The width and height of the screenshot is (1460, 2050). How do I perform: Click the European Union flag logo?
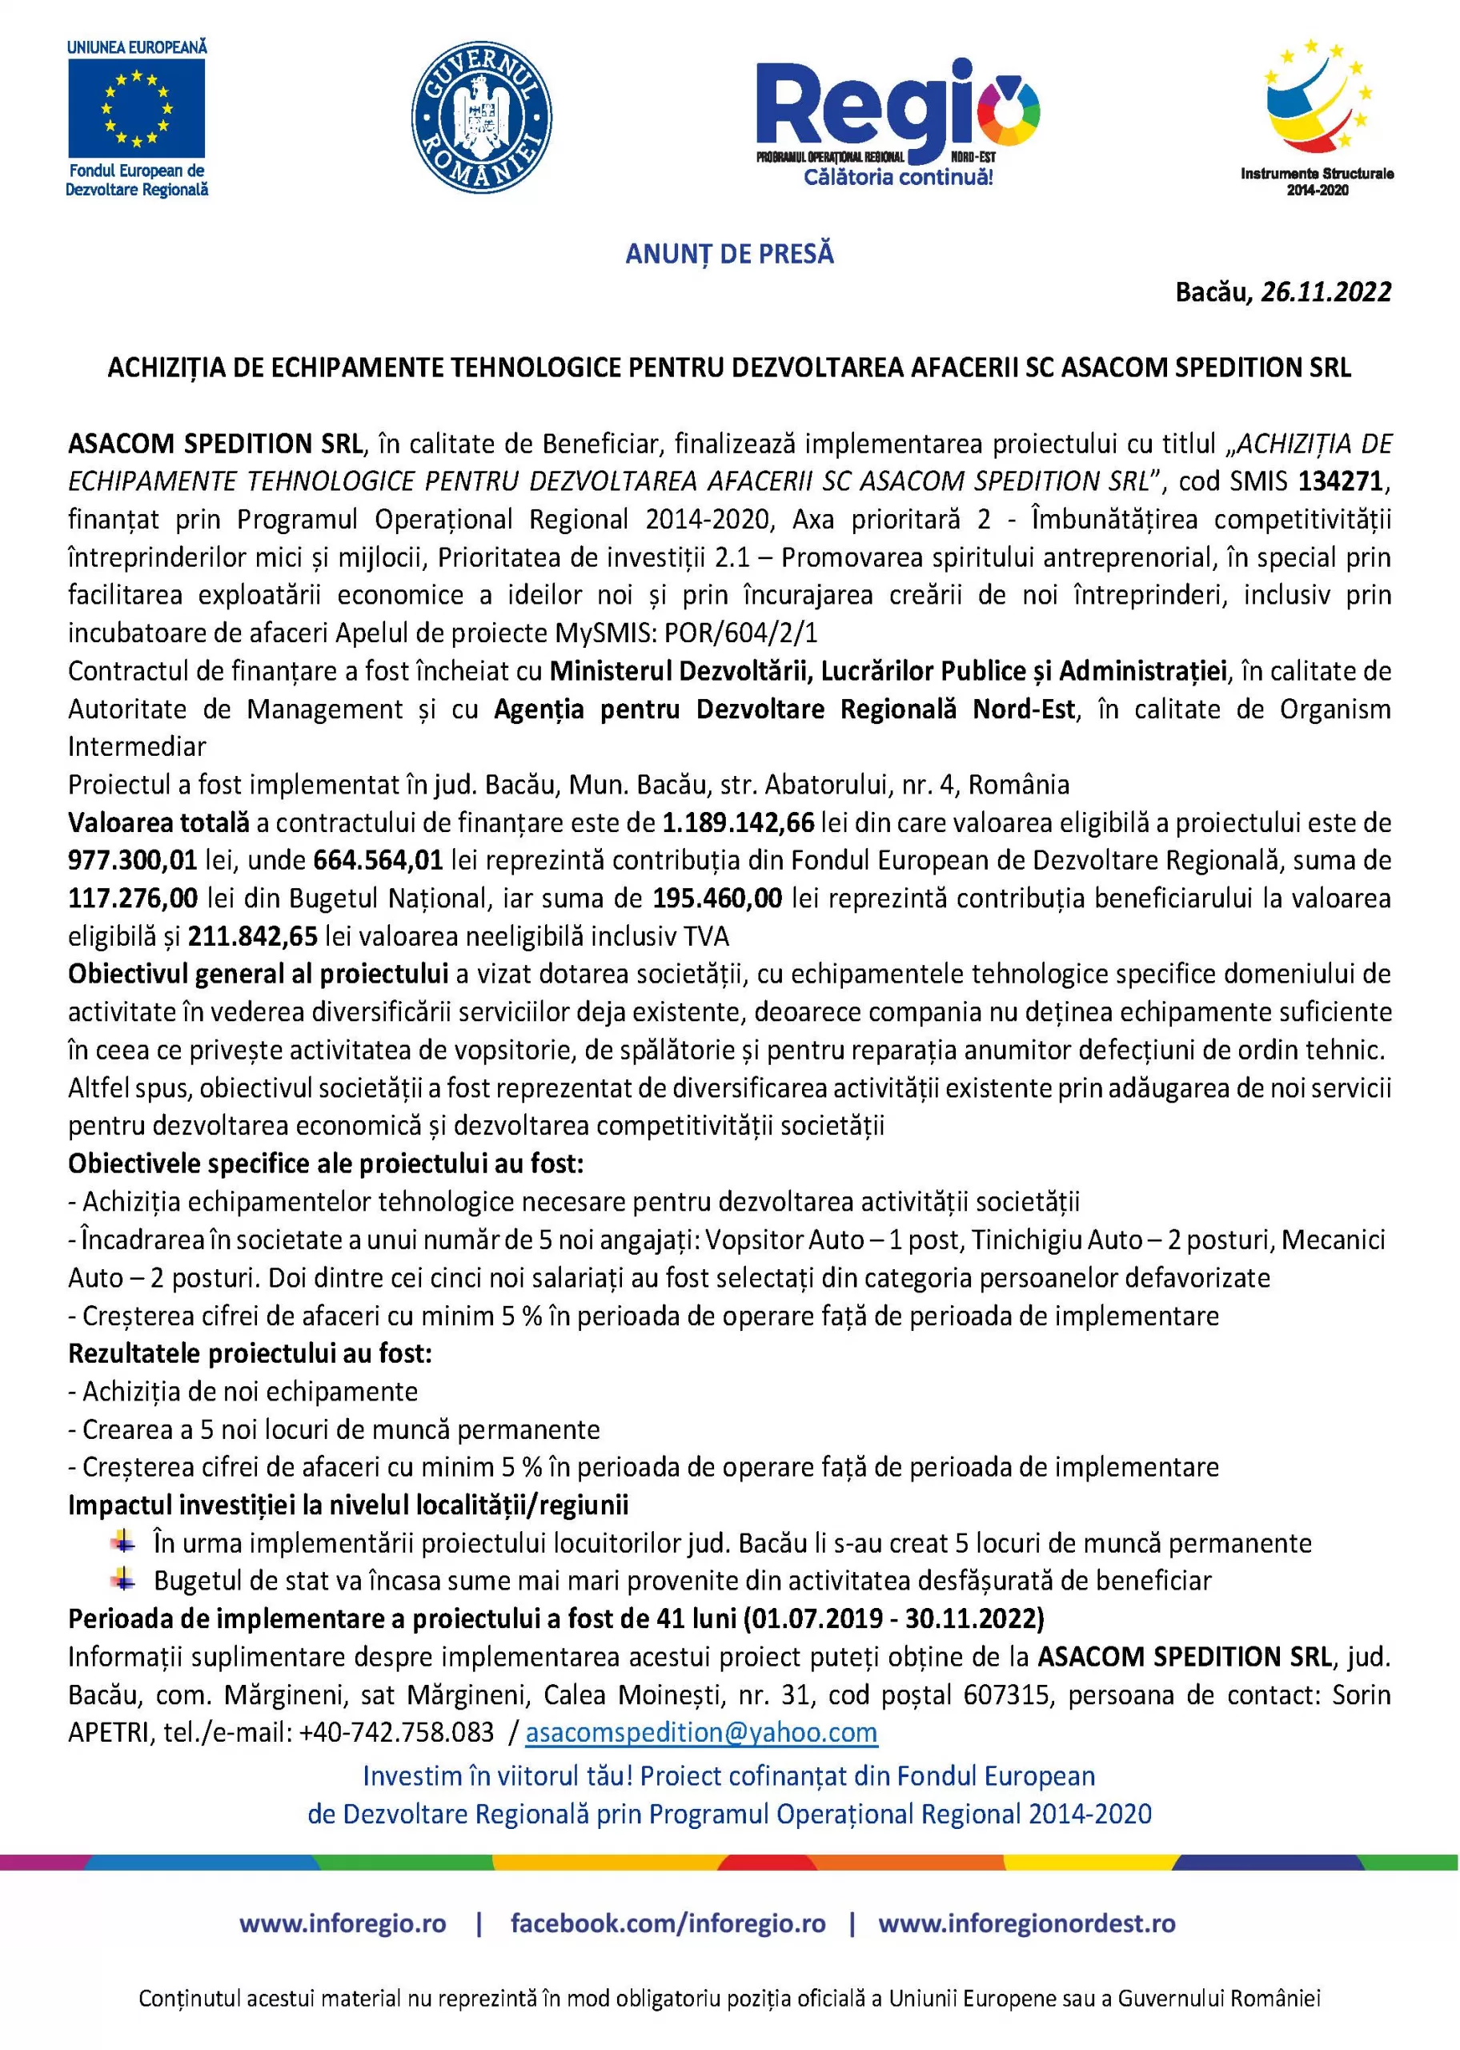[x=137, y=108]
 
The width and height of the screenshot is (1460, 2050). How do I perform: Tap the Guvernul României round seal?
[x=481, y=118]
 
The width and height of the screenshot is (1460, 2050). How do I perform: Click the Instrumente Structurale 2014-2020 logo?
[x=1317, y=117]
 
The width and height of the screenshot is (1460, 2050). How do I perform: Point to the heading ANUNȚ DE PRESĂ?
[x=729, y=255]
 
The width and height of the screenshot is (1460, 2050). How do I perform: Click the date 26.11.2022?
[x=1326, y=292]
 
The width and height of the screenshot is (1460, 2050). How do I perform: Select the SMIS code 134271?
[x=1339, y=482]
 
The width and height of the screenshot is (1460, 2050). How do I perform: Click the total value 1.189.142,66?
[x=738, y=822]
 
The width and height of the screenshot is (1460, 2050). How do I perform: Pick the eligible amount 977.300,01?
[x=132, y=861]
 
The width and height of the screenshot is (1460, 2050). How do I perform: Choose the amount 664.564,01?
[x=378, y=861]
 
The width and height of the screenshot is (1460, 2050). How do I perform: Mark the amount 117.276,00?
[x=132, y=898]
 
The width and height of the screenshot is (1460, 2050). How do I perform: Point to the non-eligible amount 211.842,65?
[x=253, y=937]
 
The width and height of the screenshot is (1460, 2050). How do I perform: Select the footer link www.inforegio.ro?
[x=343, y=1923]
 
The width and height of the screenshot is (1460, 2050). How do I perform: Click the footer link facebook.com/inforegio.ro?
[x=668, y=1923]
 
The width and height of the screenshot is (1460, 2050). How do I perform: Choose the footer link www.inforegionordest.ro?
[x=1027, y=1923]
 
